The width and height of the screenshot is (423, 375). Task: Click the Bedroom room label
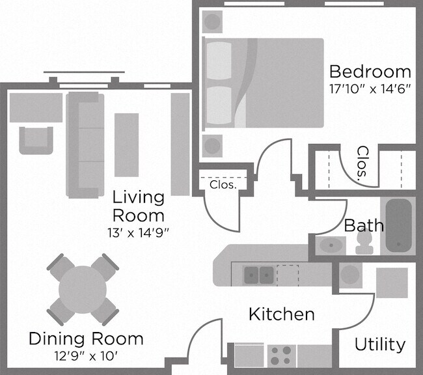coord(370,71)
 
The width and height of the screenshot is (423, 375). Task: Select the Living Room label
coord(139,205)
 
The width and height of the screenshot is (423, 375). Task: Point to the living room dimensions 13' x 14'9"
coord(139,232)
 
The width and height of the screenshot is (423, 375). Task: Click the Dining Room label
coord(86,339)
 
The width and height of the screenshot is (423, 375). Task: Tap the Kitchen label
coord(282,314)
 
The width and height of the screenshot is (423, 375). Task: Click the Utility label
coord(380,344)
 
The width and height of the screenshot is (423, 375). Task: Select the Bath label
coord(363,226)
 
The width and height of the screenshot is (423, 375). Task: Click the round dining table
coord(83,290)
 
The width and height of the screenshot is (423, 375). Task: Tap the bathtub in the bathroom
coord(398,225)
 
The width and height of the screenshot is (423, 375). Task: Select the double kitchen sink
coord(258,275)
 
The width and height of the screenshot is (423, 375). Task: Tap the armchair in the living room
coord(35,139)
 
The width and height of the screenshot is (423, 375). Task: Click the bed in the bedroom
coord(264,83)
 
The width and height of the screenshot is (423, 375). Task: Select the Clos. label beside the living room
coord(222,184)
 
